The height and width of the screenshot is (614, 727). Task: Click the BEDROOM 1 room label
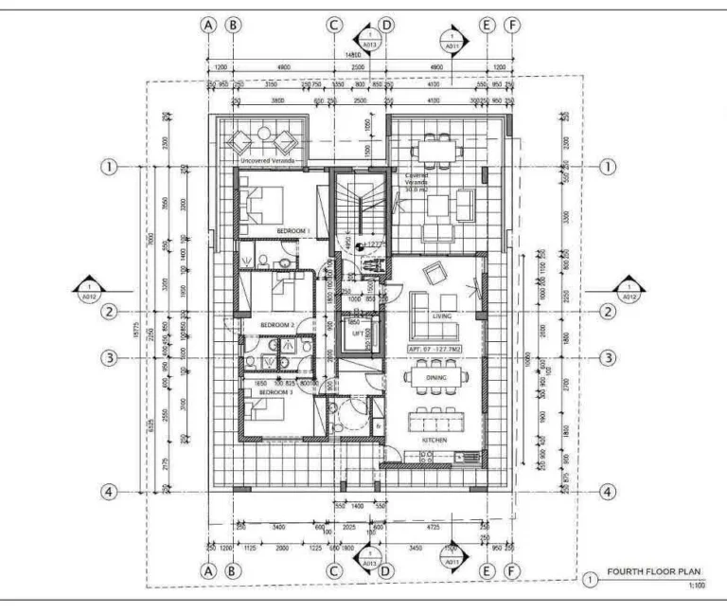[x=294, y=230]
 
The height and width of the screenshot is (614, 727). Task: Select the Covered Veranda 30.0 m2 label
[x=417, y=181]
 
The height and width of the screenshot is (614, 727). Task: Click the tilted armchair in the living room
[x=434, y=274]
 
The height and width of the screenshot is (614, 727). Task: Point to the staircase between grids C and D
[x=360, y=204]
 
